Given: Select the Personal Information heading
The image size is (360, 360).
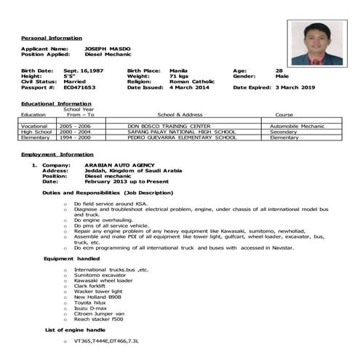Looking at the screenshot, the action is [51, 38].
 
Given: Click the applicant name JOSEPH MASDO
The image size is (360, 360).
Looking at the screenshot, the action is [108, 48].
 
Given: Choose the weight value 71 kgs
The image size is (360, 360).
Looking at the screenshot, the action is [179, 76].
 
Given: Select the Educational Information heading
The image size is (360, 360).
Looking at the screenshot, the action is [55, 104].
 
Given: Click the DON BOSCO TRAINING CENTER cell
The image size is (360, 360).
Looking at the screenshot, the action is [169, 126].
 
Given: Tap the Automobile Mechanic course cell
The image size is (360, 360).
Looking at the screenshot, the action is [297, 126].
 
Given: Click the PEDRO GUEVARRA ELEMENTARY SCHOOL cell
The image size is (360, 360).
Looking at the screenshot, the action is [181, 137].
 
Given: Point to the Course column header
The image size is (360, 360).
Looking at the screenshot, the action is [284, 115].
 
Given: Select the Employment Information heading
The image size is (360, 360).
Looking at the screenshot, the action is [57, 156].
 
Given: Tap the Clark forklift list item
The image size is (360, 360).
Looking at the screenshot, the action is [91, 287].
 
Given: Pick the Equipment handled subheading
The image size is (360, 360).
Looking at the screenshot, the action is [71, 259].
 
